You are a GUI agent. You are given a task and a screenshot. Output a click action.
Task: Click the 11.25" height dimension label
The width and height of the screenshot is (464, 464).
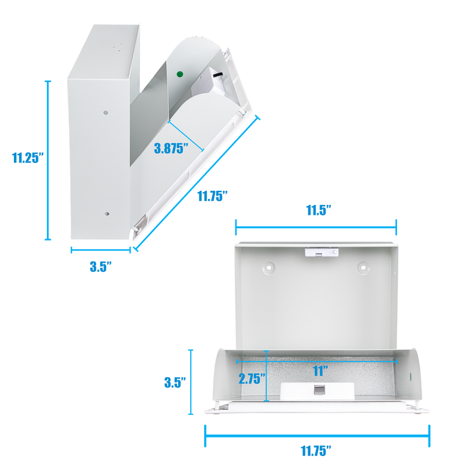28,158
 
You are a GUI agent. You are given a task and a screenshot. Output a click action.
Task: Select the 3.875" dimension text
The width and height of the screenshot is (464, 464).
171,148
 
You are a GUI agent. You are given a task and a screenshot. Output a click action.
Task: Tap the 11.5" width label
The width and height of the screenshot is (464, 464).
318,210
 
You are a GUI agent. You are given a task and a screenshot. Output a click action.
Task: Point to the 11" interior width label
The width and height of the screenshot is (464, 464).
320,371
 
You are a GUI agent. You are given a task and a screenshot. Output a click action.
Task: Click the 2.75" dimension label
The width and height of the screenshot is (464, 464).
252,378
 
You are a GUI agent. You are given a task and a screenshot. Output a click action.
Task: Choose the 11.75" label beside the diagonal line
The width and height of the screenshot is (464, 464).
213,196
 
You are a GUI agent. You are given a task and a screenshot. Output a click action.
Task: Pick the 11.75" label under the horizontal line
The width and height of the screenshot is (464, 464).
316,451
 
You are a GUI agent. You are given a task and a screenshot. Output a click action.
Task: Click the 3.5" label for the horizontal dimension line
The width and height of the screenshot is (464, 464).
101,266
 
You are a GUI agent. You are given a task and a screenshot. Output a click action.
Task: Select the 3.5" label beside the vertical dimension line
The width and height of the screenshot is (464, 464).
175,382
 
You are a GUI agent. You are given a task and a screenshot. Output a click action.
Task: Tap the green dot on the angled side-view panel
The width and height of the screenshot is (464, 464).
180,74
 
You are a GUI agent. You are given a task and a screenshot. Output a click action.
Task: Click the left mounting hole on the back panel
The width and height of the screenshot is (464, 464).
268,268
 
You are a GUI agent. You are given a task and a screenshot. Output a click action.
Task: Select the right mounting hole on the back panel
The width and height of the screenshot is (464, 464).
363,268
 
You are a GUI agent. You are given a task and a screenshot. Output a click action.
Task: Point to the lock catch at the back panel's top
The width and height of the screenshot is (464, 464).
321,252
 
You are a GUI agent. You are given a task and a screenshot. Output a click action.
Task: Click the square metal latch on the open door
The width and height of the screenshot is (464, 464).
319,390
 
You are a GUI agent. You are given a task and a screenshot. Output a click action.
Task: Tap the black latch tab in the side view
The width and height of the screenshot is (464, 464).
218,75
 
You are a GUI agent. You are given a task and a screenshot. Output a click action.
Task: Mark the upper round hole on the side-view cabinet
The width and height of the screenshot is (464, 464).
105,113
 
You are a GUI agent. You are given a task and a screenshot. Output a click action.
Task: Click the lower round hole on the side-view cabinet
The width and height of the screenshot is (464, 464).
107,213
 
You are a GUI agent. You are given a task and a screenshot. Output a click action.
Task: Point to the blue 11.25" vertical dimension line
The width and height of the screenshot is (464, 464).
48,160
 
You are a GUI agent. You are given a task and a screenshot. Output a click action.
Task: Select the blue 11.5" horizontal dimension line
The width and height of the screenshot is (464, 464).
316,227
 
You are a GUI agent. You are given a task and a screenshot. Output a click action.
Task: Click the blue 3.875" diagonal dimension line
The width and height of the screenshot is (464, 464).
186,136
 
